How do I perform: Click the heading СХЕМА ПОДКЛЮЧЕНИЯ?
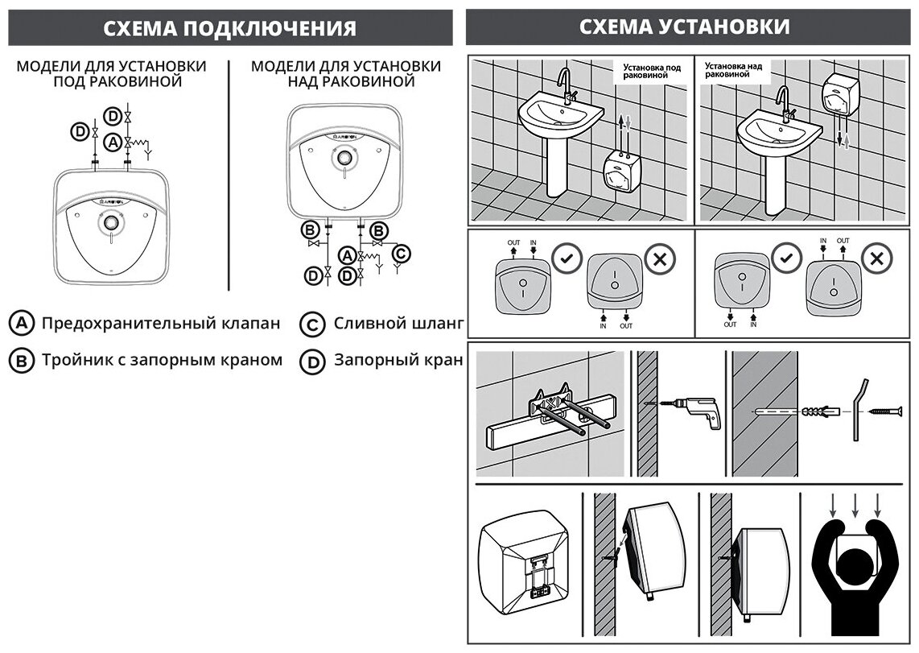tap(229, 28)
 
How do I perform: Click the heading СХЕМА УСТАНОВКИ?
tap(684, 27)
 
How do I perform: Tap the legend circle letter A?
tap(20, 324)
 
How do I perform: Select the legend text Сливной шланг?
tap(398, 324)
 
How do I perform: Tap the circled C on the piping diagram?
tap(400, 254)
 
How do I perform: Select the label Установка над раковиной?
tap(733, 69)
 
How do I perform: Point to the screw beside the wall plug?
tap(889, 411)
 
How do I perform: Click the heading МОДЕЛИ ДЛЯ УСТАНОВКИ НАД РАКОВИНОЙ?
tap(346, 73)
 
